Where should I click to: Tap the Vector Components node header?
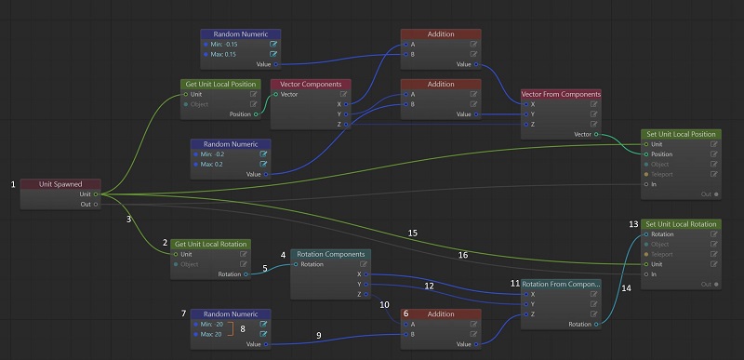(312, 84)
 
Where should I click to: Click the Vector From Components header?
(561, 94)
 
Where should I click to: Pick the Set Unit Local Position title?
(682, 134)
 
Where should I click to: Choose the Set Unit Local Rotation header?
(682, 224)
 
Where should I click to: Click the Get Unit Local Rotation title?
(212, 244)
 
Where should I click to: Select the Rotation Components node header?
(331, 253)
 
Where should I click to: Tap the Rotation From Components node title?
(561, 284)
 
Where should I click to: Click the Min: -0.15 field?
(225, 43)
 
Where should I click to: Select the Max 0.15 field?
(225, 53)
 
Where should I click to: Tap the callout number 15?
(412, 232)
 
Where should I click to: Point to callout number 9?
(318, 335)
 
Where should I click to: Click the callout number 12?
(429, 286)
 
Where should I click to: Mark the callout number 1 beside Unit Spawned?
(13, 184)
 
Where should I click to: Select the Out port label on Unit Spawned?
(86, 204)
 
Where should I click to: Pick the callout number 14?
(625, 288)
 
